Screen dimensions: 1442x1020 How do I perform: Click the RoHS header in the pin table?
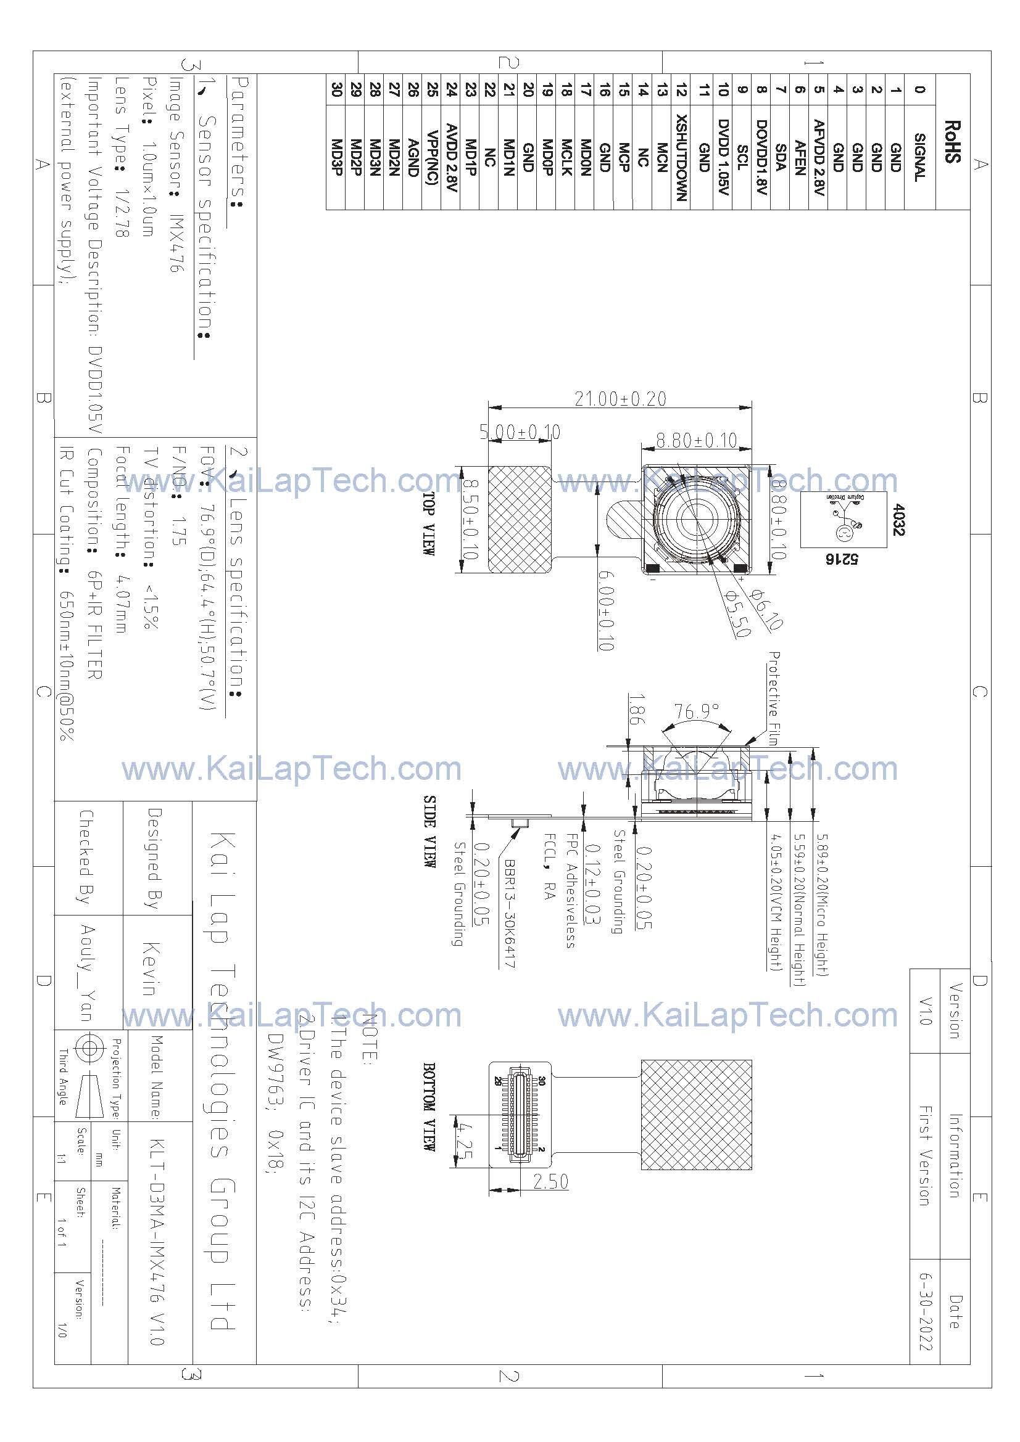click(x=952, y=142)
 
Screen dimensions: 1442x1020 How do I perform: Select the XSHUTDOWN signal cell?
click(x=681, y=158)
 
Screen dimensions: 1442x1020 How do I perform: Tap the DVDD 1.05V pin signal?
click(x=723, y=158)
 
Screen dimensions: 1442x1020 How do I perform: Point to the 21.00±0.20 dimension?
click(x=620, y=399)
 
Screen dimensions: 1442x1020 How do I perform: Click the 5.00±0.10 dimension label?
click(x=520, y=432)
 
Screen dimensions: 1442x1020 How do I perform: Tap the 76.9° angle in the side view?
click(x=696, y=711)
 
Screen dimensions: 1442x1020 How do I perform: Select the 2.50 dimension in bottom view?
click(x=550, y=1181)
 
